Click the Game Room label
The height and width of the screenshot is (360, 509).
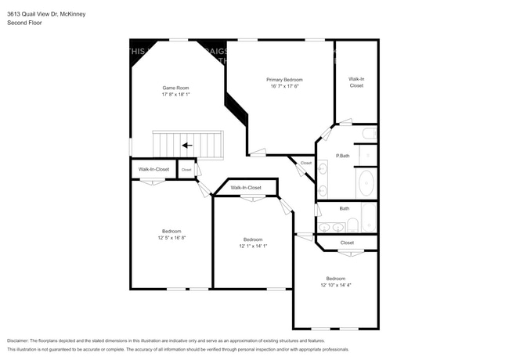[x=175, y=87]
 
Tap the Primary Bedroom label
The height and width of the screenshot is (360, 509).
[x=284, y=79]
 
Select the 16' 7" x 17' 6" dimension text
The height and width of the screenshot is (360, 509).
[x=284, y=86]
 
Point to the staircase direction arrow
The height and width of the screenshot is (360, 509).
[x=186, y=145]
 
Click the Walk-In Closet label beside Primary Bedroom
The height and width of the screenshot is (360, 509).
[x=356, y=82]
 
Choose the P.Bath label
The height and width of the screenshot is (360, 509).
[x=342, y=156]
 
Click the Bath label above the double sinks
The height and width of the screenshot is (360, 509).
[x=345, y=208]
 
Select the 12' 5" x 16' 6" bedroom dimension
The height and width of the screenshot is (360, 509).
[x=172, y=238]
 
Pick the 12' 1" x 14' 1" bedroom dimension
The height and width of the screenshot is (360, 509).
[x=253, y=246]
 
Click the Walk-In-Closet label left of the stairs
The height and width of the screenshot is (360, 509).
[x=153, y=169]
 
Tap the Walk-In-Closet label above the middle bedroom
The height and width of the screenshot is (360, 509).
[x=246, y=188]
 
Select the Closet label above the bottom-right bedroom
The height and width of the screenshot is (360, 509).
[x=347, y=243]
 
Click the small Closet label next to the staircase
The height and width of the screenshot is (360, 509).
[x=186, y=169]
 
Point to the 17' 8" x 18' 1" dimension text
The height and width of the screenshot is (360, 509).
[x=175, y=94]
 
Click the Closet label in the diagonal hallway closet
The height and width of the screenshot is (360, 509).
[x=305, y=163]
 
